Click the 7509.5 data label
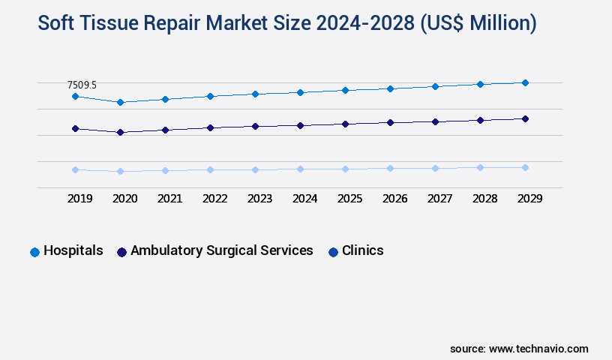pyautogui.click(x=82, y=85)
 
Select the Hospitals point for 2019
pyautogui.click(x=75, y=97)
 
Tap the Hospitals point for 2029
pyautogui.click(x=525, y=82)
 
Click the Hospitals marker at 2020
pyautogui.click(x=120, y=102)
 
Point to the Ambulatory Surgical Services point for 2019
pyautogui.click(x=75, y=129)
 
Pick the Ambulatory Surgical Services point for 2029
pyautogui.click(x=525, y=118)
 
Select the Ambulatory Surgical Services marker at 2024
pyautogui.click(x=300, y=125)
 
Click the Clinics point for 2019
pyautogui.click(x=75, y=169)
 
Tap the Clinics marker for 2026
pyautogui.click(x=390, y=168)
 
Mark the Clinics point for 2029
pyautogui.click(x=525, y=167)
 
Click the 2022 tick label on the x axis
pyautogui.click(x=214, y=199)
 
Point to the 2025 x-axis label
pyautogui.click(x=349, y=199)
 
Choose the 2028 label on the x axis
pyautogui.click(x=484, y=199)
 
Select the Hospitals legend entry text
pyautogui.click(x=73, y=250)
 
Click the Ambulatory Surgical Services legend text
pyautogui.click(x=221, y=250)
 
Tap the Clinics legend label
pyautogui.click(x=362, y=250)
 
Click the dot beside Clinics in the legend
pyautogui.click(x=333, y=252)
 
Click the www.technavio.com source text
pyautogui.click(x=538, y=349)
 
